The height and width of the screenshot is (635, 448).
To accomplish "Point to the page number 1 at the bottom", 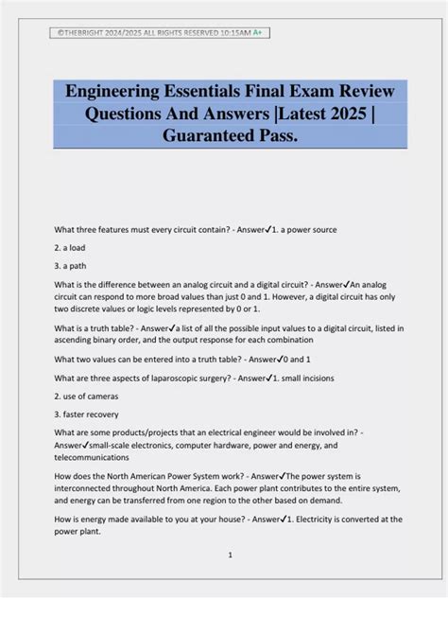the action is (x=230, y=555).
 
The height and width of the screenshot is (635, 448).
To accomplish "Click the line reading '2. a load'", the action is (x=70, y=247).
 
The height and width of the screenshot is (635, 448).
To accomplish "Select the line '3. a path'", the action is (x=70, y=266).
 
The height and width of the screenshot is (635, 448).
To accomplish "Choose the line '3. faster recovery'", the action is (x=87, y=415).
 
